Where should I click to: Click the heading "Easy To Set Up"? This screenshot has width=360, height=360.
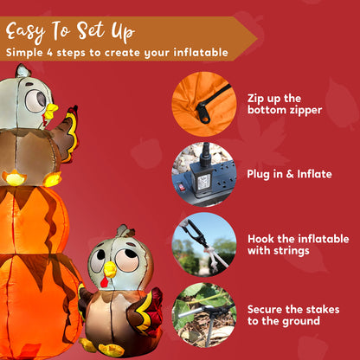pyautogui.click(x=71, y=32)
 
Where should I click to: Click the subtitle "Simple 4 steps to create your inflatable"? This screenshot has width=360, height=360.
pyautogui.click(x=117, y=53)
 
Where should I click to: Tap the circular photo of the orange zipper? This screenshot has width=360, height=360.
pyautogui.click(x=203, y=103)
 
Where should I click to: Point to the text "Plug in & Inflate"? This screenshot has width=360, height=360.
pyautogui.click(x=289, y=174)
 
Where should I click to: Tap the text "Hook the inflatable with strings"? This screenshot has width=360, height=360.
pyautogui.click(x=298, y=245)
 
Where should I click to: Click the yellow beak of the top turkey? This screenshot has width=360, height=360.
pyautogui.click(x=50, y=111)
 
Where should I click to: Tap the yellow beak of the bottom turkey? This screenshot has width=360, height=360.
pyautogui.click(x=108, y=271)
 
